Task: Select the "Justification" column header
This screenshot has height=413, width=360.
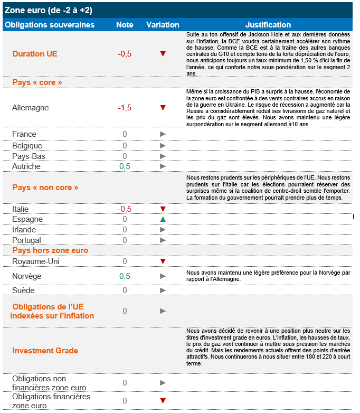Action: [x=268, y=25]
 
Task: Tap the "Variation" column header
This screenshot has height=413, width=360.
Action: [x=163, y=25]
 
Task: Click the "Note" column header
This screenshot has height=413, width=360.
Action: [x=125, y=25]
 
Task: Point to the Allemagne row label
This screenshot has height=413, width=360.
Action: [x=30, y=108]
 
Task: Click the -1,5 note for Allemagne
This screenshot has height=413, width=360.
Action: [x=125, y=108]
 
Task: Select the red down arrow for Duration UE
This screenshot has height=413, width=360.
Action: [x=163, y=54]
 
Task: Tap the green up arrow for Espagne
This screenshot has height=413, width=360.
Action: [x=163, y=219]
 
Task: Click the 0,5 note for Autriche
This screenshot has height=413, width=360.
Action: [x=125, y=166]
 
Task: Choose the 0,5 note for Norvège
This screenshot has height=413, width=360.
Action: [x=125, y=276]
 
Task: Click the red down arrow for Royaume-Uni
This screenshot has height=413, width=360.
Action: [x=163, y=261]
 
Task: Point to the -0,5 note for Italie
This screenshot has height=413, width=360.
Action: [x=125, y=209]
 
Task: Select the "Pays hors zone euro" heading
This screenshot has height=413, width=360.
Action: [x=50, y=250]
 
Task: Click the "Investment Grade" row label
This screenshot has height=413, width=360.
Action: [x=45, y=351]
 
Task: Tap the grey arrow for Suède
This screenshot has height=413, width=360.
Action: [x=163, y=290]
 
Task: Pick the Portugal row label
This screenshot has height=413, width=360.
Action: [x=27, y=240]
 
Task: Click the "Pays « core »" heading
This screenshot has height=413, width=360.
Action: [x=37, y=82]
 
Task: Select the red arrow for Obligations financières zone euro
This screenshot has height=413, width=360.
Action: [x=163, y=401]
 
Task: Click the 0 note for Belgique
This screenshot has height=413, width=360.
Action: [x=125, y=146]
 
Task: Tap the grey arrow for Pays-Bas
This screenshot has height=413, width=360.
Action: [x=163, y=156]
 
